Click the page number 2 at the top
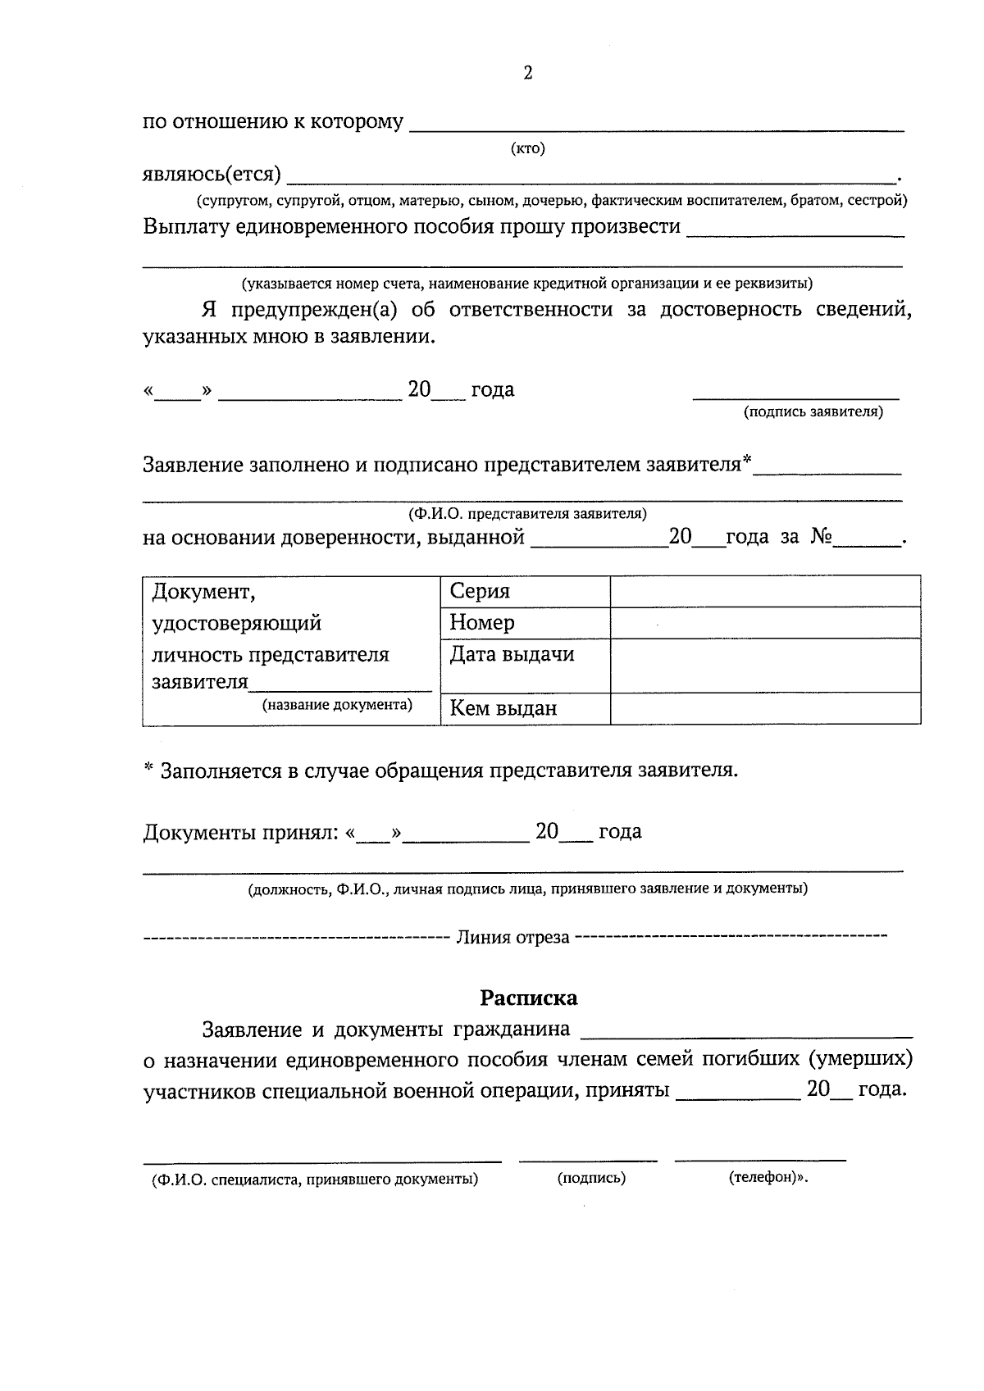[527, 74]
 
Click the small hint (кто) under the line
[527, 148]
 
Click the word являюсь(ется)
[212, 175]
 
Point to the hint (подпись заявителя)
[813, 412]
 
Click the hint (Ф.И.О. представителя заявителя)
[527, 514]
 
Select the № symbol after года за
[822, 538]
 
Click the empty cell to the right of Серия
[764, 591]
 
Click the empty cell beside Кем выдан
[764, 709]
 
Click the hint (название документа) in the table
[337, 705]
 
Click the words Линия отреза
[512, 938]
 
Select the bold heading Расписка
[528, 998]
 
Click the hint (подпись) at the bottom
[590, 1179]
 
